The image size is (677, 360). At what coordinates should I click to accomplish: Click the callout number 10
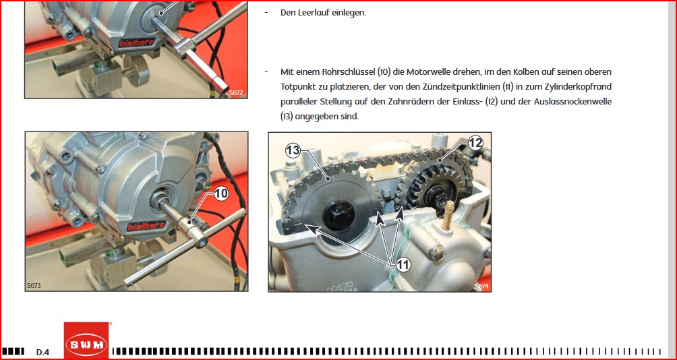pos(220,194)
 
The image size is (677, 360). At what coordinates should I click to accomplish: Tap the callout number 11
pos(403,265)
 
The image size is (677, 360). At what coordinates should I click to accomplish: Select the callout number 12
pos(475,143)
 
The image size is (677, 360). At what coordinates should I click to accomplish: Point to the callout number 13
pos(293,150)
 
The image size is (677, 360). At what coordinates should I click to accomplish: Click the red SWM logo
pos(86,341)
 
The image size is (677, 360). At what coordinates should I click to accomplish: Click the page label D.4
pos(42,352)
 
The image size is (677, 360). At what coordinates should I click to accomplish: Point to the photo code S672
pos(236,92)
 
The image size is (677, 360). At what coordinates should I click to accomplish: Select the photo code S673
pos(34,285)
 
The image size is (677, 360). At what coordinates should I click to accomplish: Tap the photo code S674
pos(481,287)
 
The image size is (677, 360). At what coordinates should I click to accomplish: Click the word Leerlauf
pos(310,13)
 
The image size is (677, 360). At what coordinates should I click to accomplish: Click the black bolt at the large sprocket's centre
pos(338,214)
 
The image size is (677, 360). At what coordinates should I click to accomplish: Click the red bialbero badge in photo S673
pos(140,227)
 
